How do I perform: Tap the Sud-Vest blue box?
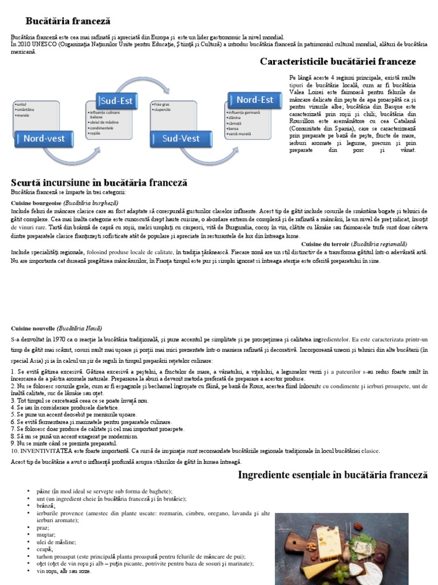tap(181, 138)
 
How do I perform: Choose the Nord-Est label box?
tap(254, 100)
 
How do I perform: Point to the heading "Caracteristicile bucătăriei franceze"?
tap(338, 61)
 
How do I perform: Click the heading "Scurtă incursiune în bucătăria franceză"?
tap(99, 183)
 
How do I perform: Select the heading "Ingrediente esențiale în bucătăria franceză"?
tap(332, 475)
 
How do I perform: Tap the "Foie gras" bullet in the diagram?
tap(163, 105)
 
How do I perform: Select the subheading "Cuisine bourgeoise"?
tap(36, 203)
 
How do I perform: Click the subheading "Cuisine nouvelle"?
tap(33, 328)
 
